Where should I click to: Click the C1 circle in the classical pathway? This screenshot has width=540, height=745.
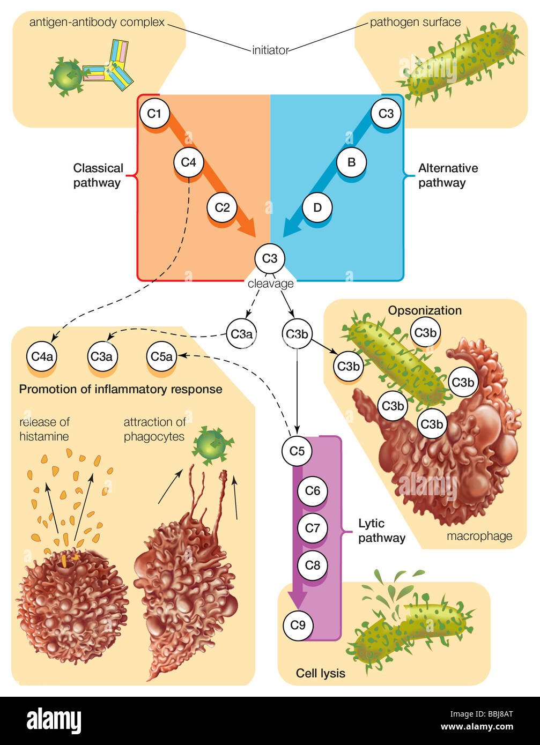click(x=154, y=114)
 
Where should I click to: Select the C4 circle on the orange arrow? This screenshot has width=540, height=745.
click(x=188, y=161)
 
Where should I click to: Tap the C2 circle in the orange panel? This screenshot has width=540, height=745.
click(x=222, y=207)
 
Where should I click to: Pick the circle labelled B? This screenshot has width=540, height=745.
click(x=351, y=161)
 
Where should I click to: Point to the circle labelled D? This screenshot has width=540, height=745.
click(x=317, y=207)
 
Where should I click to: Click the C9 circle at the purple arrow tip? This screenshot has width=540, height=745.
click(x=298, y=625)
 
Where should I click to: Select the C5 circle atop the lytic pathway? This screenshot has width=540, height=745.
click(x=297, y=451)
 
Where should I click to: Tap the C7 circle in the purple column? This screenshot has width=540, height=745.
click(x=312, y=528)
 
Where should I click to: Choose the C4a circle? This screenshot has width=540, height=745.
click(x=42, y=356)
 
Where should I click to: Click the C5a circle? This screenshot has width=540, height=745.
click(x=161, y=356)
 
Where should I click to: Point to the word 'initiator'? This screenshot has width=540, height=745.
click(x=270, y=50)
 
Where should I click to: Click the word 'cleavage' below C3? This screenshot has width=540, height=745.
click(x=270, y=284)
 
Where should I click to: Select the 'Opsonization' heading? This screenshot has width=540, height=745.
click(x=425, y=310)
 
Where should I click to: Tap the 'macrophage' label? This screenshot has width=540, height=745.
click(x=479, y=536)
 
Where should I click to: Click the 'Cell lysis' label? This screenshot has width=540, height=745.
click(x=320, y=673)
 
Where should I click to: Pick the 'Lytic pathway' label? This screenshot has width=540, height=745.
click(x=381, y=531)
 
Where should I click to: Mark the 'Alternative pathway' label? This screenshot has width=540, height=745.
click(x=448, y=175)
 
